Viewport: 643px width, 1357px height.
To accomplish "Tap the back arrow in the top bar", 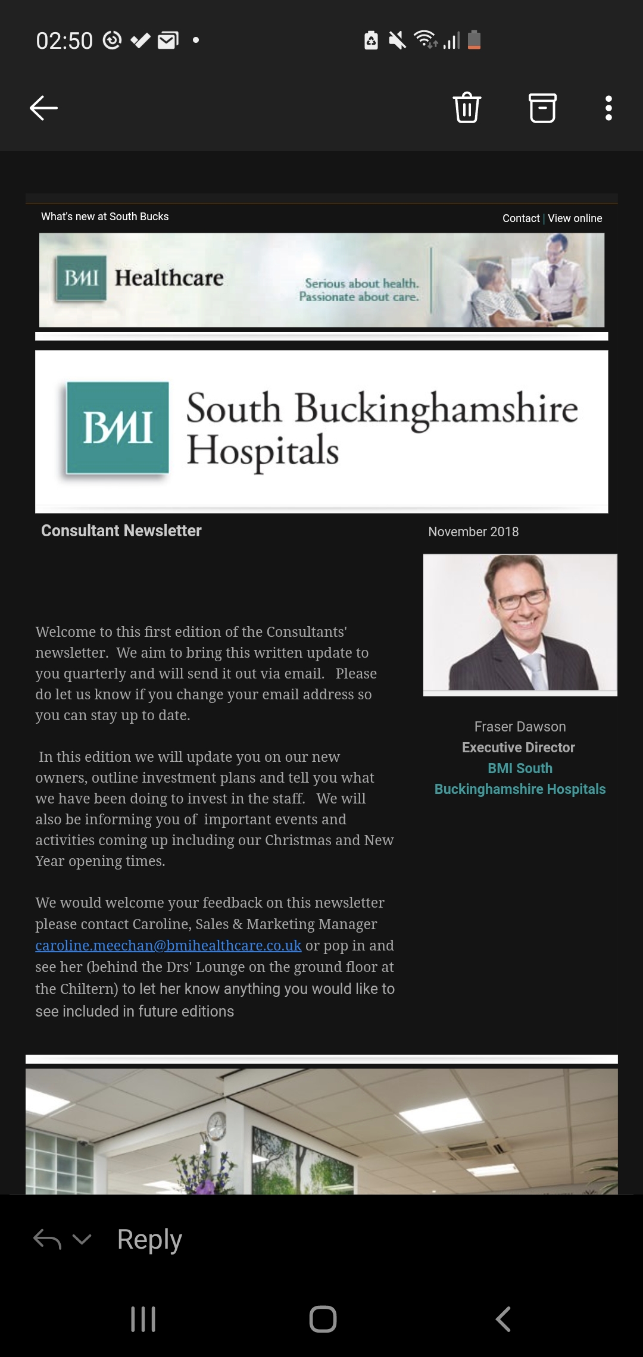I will tap(43, 108).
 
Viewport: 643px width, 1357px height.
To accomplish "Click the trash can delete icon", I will tap(467, 108).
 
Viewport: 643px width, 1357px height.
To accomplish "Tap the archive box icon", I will tap(542, 108).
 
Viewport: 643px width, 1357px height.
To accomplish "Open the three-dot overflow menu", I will tap(608, 108).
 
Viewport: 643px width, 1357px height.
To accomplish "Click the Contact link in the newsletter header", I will tap(520, 218).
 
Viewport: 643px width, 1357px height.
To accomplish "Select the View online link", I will tap(575, 218).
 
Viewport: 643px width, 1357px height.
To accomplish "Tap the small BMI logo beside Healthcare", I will tap(81, 278).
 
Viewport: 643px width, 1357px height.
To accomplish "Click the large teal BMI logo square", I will tap(118, 427).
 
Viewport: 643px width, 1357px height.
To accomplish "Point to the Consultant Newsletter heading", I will tap(121, 530).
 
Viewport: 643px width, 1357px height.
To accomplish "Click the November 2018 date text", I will tap(473, 531).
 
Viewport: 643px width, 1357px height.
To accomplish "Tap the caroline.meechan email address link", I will tap(168, 945).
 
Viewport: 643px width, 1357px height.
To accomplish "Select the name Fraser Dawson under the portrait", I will tap(520, 727).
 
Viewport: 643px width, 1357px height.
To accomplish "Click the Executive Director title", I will tap(519, 748).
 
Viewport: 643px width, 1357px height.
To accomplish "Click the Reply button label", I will tap(149, 1240).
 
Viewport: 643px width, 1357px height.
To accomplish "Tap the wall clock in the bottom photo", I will tap(217, 1125).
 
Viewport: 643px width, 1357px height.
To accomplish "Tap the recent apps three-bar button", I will tap(143, 1319).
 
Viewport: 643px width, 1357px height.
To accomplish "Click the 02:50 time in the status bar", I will tap(64, 41).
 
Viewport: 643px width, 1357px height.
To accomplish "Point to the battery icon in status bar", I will tap(474, 40).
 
